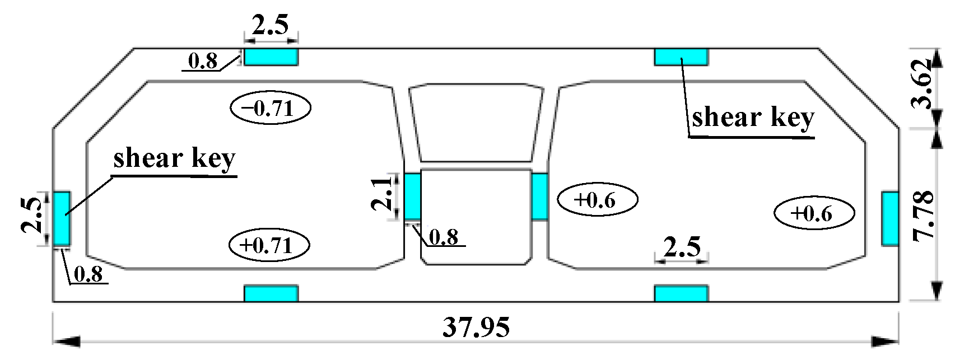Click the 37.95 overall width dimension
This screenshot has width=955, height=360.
point(476,327)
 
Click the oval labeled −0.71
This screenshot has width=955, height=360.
point(271,107)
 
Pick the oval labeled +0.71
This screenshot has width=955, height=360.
point(269,245)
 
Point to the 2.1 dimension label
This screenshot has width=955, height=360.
point(383,193)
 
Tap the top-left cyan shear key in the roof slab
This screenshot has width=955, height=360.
point(271,57)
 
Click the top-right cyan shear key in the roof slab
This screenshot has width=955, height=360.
point(681,57)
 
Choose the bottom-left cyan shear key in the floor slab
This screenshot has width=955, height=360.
point(271,293)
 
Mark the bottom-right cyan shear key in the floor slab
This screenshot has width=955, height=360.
point(681,293)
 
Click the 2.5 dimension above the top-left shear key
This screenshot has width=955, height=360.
point(270,25)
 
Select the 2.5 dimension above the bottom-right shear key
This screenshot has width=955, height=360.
point(682,247)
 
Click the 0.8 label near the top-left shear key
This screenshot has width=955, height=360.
point(203,60)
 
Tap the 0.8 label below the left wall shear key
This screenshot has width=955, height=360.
point(88,274)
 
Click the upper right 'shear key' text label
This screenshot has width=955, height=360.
point(753,118)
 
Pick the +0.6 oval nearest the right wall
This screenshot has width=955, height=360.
point(814,213)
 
